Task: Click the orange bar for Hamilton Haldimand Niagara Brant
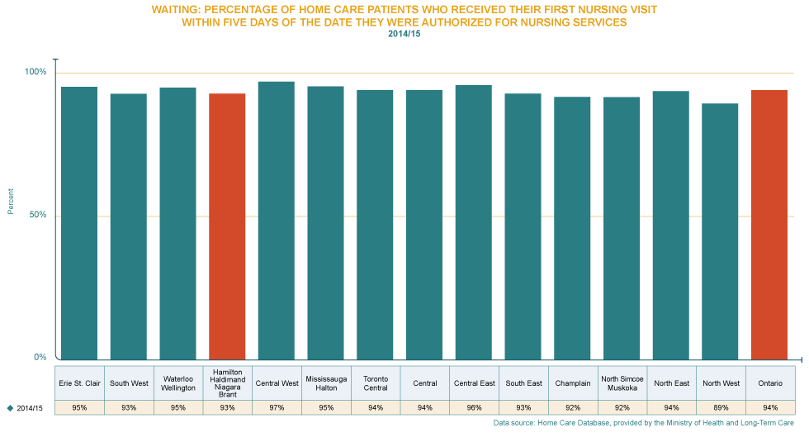point(227,226)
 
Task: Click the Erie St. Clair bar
point(79,223)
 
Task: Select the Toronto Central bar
point(375,225)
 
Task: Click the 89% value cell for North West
point(720,407)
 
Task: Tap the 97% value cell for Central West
point(277,407)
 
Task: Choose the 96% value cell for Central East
point(474,407)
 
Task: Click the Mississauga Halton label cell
point(326,383)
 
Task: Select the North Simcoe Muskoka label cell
point(622,383)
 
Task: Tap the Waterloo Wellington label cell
point(178,383)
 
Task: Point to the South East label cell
point(523,383)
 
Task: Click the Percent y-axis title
point(11,202)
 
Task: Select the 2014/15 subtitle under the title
point(404,34)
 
